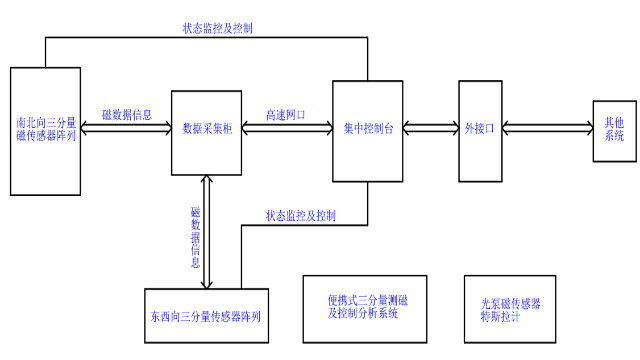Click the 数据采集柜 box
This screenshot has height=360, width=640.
[x=207, y=130]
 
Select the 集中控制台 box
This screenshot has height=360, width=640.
[x=368, y=130]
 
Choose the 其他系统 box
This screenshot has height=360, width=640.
[x=613, y=130]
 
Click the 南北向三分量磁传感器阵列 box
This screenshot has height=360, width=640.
[x=46, y=130]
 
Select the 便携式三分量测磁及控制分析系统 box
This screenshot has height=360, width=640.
[x=364, y=306]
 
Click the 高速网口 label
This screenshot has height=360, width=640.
[x=287, y=115]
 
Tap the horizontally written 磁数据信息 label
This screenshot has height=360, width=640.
[x=127, y=115]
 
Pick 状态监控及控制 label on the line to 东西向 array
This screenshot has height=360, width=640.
[x=301, y=215]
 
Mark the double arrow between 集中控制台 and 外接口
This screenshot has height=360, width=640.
[x=430, y=128]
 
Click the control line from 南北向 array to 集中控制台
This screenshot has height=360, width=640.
[x=200, y=38]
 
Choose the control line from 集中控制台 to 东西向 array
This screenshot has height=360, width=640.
[x=300, y=224]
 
